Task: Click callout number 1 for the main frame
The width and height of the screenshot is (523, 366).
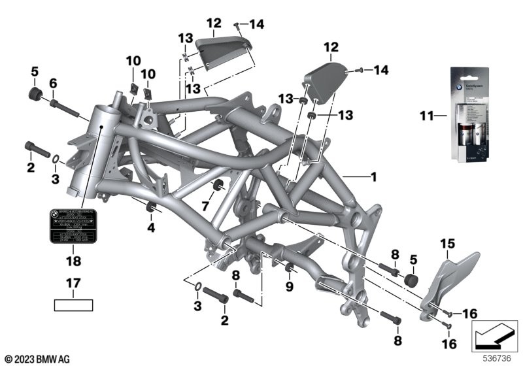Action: click(x=373, y=176)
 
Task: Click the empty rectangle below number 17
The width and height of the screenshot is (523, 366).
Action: click(x=73, y=305)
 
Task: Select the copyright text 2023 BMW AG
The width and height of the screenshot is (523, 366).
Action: click(x=39, y=359)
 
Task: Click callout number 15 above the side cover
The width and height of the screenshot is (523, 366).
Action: click(x=447, y=244)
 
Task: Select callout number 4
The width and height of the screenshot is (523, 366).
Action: click(x=151, y=228)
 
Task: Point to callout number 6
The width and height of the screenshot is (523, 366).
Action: click(x=54, y=83)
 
